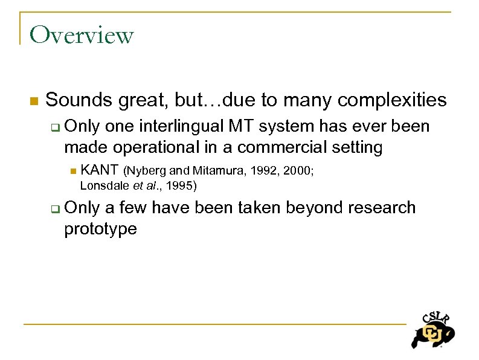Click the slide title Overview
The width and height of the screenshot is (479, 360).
click(81, 35)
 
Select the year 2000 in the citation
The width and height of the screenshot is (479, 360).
click(295, 172)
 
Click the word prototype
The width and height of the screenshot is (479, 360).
click(100, 229)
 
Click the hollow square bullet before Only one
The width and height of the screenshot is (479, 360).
click(55, 127)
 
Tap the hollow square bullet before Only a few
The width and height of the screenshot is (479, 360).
click(55, 209)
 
